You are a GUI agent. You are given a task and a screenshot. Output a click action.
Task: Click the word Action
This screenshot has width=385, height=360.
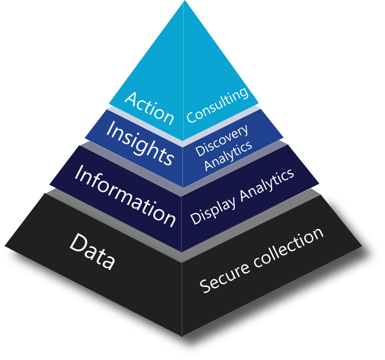pos(149,108)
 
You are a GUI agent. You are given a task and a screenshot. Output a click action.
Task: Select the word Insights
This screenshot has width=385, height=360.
pos(140,143)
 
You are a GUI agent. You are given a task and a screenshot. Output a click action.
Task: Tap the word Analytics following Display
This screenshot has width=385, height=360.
pos(267,185)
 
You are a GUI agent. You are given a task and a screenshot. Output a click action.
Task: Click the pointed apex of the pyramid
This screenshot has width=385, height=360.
pos(184,1)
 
